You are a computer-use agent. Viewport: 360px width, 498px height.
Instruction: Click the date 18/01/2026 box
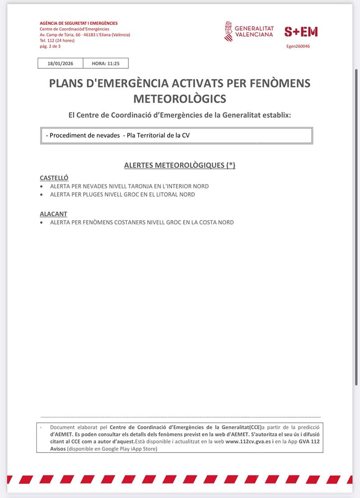60,63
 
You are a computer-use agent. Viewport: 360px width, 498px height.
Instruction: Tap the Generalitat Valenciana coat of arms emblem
229,31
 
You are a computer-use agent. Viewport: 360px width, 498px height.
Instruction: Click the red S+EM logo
301,32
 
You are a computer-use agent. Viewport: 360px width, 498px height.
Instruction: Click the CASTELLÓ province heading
54,178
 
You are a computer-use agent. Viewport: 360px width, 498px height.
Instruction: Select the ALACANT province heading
54,214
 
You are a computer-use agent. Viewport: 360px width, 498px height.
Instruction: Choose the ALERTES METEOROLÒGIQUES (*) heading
180,166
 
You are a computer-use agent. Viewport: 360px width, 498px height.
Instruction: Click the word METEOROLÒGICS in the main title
180,99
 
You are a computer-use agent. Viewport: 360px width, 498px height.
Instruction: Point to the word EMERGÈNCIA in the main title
139,83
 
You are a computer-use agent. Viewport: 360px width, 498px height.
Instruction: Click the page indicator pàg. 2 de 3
50,46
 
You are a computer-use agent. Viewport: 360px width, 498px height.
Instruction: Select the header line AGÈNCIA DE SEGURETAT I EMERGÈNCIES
79,23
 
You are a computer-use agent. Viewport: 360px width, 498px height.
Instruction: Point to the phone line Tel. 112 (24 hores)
58,41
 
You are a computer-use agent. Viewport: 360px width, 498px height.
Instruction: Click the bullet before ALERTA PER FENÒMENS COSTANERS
42,222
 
